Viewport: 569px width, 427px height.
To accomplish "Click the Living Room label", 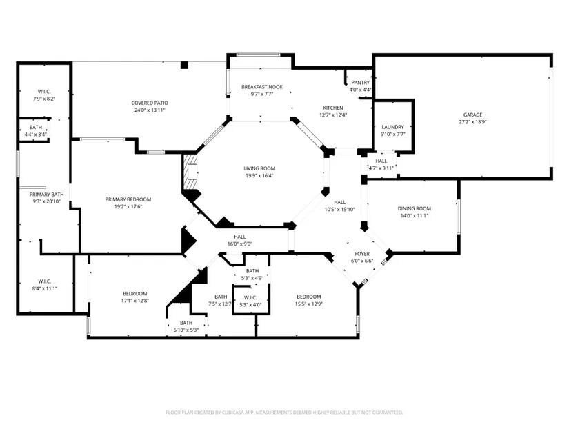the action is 259,168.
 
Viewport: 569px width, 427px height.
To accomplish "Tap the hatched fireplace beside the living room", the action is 190,172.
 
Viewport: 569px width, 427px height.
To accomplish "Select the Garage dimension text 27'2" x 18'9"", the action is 472,122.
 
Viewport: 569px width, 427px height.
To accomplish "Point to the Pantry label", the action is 360,83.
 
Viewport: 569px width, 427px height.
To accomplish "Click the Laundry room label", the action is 392,127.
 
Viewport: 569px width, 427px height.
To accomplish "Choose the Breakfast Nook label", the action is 262,87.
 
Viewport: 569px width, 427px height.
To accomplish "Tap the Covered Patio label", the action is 150,103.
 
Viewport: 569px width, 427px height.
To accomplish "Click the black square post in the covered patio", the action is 184,66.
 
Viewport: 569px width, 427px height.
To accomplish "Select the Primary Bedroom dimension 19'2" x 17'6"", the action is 128,206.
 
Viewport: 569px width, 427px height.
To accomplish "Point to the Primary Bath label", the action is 46,195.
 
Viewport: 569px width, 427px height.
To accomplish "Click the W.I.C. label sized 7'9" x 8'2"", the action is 44,92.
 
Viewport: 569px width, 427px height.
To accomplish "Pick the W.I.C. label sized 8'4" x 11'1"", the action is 44,281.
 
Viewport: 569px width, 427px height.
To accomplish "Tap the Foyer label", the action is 362,254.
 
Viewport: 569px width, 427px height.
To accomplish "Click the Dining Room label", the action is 415,208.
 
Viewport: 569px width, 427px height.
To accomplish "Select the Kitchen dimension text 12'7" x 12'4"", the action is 333,115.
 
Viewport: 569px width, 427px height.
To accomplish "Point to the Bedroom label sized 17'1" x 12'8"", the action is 135,294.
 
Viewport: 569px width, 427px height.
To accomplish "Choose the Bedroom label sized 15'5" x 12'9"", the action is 309,297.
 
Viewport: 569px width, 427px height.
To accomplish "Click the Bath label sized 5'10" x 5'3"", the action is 186,323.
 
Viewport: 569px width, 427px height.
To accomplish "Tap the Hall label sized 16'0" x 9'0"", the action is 240,237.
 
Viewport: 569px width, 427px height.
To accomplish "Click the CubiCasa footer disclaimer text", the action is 284,413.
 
